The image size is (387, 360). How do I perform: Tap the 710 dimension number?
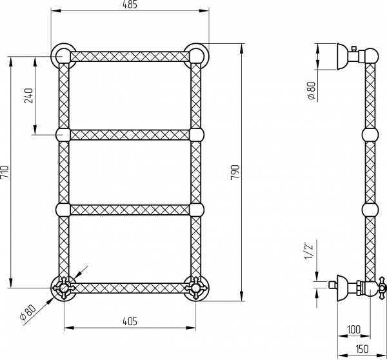pyautogui.click(x=5, y=172)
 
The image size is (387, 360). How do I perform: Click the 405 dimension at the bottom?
pyautogui.click(x=130, y=321)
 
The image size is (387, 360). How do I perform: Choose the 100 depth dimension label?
pyautogui.click(x=353, y=329)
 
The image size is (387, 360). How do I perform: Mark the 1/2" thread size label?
pyautogui.click(x=310, y=250)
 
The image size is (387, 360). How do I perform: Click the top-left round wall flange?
pyautogui.click(x=63, y=55)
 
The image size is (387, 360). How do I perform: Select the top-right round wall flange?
pyautogui.click(x=196, y=55)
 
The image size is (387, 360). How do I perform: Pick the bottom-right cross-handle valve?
pyautogui.click(x=196, y=285)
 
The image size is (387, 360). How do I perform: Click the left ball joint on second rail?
pyautogui.click(x=63, y=134)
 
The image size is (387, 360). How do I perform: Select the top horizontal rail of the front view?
pyautogui.click(x=130, y=57)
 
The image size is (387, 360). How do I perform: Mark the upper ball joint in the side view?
pyautogui.click(x=370, y=134)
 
